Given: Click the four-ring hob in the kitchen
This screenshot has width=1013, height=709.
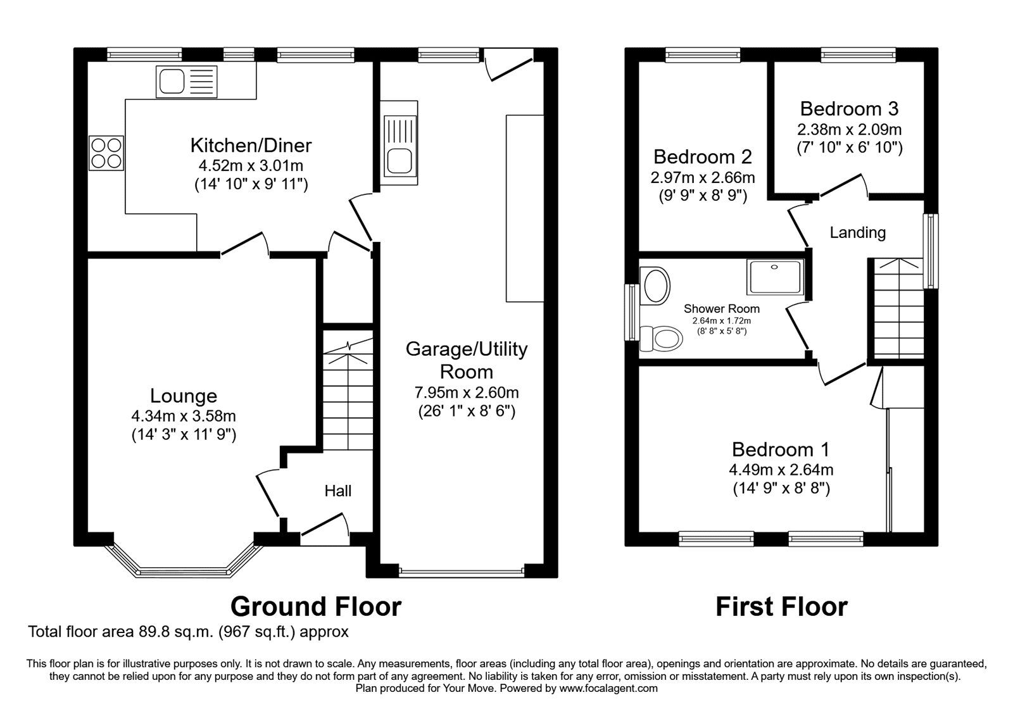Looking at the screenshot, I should point(106,153).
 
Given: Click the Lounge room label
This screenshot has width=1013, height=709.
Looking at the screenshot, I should point(184,396).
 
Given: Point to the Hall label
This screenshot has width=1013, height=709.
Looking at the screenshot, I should point(337,491).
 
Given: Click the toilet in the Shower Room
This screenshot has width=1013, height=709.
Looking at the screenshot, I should point(662,338).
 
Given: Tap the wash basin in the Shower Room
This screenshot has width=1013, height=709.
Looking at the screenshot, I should point(656,285).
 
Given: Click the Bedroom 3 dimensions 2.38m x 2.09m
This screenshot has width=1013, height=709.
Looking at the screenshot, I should point(849,130).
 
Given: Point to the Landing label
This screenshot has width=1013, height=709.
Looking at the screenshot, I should point(857,233).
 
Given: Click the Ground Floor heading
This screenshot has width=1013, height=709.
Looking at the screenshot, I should point(315,606).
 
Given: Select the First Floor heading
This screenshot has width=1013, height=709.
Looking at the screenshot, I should point(781,606).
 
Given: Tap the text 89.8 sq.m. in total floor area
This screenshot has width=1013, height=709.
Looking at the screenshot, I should point(166,632).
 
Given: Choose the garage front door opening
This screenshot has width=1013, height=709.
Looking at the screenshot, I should point(462,572).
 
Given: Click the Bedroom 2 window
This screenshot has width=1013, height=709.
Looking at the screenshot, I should point(703,56).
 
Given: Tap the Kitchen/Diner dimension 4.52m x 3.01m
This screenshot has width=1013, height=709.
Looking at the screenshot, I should point(251,166).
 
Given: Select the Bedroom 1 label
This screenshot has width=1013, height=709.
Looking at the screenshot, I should point(780,450).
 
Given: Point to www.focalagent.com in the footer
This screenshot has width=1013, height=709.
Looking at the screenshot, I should point(608,688).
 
